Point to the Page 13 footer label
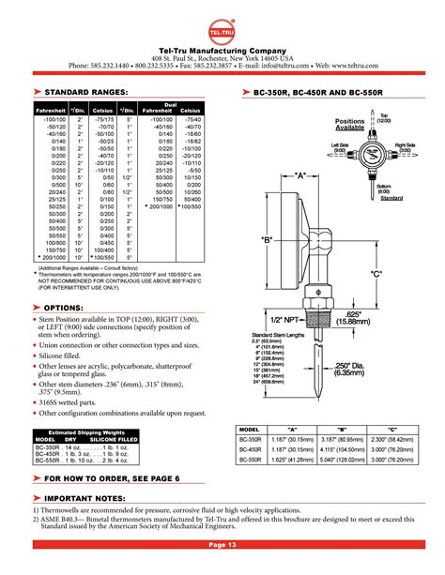tap(222, 544)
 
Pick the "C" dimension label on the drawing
tap(377, 273)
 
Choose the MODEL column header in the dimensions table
tap(251, 427)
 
